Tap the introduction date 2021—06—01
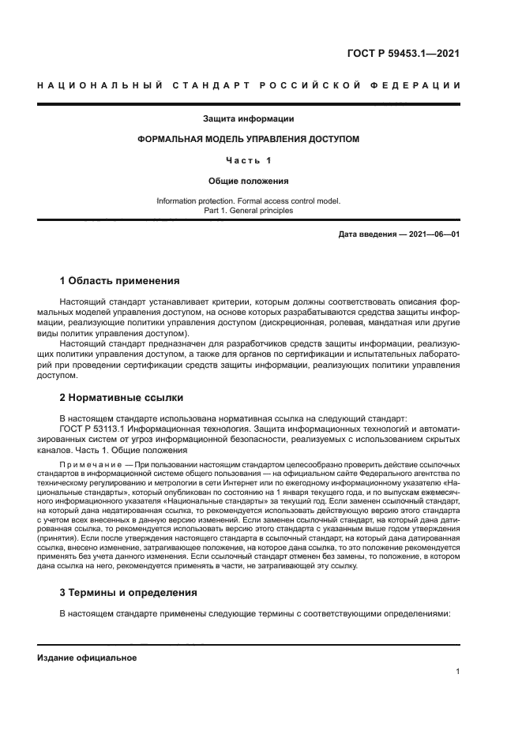pyautogui.click(x=433, y=234)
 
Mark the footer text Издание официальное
pyautogui.click(x=87, y=658)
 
